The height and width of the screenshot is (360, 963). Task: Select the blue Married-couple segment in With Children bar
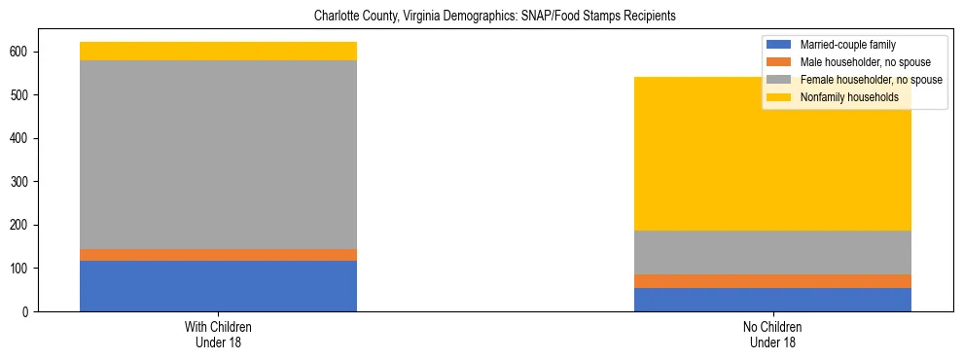click(218, 286)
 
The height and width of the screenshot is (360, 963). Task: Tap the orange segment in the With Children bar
click(218, 255)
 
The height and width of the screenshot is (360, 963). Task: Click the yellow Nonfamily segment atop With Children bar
click(218, 52)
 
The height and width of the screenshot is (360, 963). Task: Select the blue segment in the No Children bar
click(772, 300)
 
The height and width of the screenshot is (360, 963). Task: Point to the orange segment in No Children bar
click(772, 281)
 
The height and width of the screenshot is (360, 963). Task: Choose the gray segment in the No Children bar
click(772, 252)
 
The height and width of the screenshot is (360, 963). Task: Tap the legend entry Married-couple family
click(847, 45)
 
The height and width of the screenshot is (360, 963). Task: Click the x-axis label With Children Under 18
click(218, 335)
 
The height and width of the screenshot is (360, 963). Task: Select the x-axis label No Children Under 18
click(772, 335)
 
